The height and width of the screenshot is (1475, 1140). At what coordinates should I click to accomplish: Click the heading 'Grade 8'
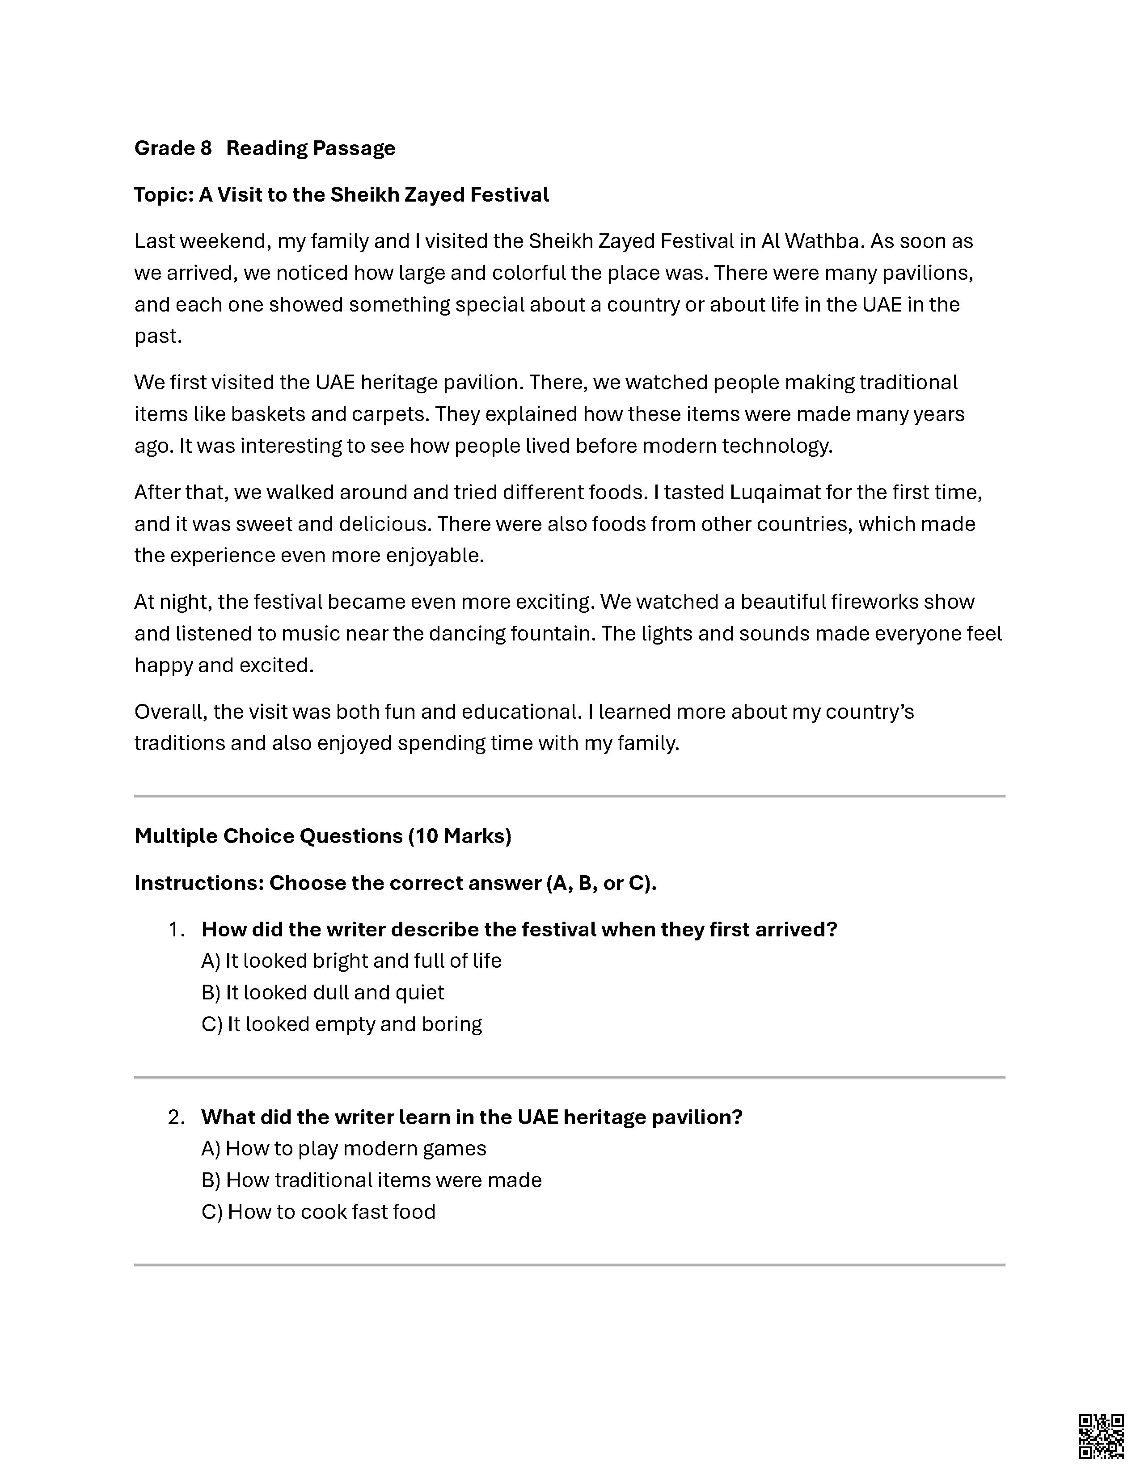pos(173,148)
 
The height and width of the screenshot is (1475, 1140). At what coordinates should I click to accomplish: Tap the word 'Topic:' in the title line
pos(164,194)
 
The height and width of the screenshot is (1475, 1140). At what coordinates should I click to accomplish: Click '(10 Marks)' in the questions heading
pos(459,836)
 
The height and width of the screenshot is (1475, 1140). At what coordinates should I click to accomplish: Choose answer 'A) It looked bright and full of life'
pos(351,961)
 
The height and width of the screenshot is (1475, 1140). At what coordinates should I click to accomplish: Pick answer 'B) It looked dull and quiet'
pos(322,993)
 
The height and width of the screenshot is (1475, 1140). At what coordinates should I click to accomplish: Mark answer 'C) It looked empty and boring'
pos(341,1024)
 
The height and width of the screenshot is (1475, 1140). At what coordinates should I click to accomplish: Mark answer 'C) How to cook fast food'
pos(318,1212)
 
